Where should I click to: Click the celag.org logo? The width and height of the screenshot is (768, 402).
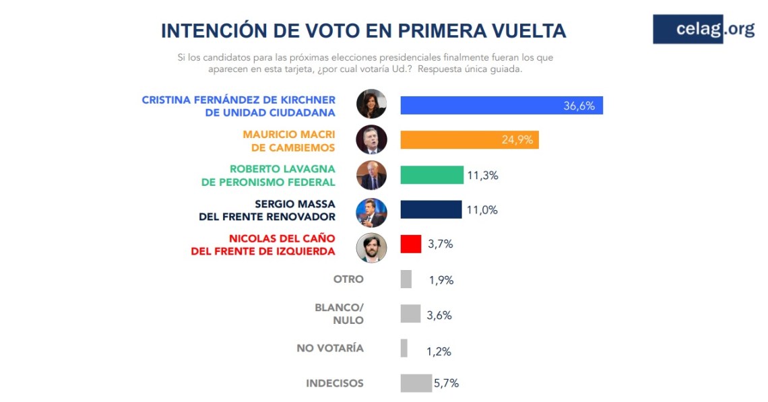703,29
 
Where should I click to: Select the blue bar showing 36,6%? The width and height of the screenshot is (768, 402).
501,105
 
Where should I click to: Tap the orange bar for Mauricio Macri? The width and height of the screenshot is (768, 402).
469,139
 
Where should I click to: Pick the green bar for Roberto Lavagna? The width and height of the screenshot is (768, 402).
432,174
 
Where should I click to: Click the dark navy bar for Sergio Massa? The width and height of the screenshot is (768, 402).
431,209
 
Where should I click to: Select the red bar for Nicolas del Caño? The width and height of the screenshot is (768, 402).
411,244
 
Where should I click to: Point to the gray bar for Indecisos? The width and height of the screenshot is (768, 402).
416,383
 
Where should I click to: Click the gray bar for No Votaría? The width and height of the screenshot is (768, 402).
404,348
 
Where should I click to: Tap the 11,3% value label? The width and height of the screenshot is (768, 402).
482,175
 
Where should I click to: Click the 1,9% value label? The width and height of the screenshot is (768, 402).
441,280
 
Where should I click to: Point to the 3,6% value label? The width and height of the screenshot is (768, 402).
439,315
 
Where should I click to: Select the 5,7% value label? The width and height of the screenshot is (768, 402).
446,383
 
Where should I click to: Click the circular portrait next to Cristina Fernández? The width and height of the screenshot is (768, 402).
371,104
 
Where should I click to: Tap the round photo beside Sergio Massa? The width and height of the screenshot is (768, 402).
371,211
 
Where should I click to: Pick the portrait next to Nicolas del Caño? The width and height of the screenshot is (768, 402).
371,247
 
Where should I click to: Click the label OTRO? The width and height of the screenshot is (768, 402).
348,279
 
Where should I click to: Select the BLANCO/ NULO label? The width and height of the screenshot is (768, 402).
339,314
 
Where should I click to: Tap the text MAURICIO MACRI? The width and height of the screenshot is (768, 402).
289,134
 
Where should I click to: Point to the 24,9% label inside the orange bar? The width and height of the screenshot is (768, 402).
517,140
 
